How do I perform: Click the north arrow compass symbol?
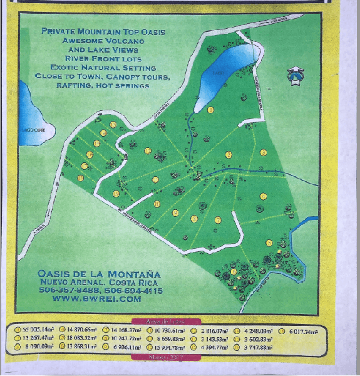[294, 76]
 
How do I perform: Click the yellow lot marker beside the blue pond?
[210, 110]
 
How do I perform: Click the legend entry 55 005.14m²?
[38, 328]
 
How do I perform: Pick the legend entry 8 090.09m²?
[38, 345]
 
